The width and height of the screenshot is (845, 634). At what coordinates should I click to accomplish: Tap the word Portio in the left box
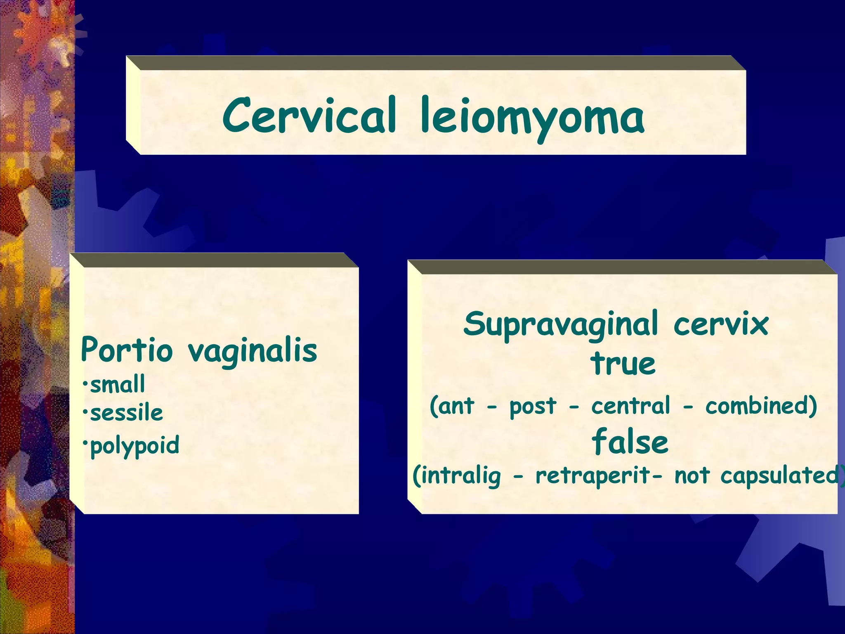point(126,350)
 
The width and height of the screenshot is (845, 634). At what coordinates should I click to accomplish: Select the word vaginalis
point(253,351)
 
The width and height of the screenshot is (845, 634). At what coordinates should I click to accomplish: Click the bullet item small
point(118,384)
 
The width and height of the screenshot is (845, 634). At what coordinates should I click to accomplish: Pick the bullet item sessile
point(126,413)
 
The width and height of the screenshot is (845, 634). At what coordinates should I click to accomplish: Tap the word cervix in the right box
point(721,324)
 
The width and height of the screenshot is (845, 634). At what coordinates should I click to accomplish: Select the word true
point(623,364)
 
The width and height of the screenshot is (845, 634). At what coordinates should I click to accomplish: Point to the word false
point(630,441)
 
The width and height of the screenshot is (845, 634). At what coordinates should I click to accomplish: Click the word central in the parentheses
point(631,406)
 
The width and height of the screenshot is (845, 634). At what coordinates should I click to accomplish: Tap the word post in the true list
point(533,407)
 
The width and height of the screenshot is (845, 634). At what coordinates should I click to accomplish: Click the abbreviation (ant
point(452,406)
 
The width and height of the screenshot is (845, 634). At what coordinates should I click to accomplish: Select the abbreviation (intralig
point(457,476)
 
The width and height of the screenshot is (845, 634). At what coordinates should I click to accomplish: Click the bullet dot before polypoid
point(85,442)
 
